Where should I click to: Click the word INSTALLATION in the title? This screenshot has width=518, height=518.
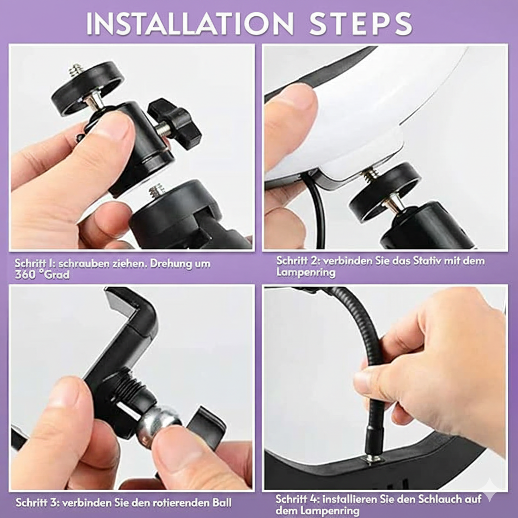coord(190,24)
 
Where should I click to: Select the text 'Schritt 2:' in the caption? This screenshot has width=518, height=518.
coord(298,261)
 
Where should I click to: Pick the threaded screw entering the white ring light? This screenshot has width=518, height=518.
coord(370,175)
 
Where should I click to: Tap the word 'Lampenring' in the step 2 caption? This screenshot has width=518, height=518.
coord(306,273)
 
